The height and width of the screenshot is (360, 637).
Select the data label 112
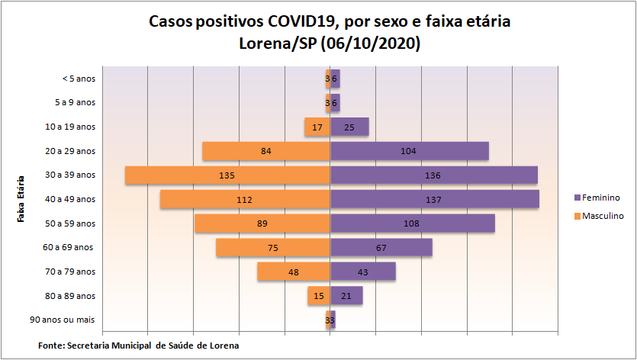tap(244, 200)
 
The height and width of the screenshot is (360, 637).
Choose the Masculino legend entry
tap(603, 216)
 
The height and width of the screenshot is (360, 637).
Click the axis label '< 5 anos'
tap(79, 78)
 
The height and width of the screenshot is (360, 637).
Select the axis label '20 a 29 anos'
tap(70, 151)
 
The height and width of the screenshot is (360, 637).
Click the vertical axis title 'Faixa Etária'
tap(21, 199)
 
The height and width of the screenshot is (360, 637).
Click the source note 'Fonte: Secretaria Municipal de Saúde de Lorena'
tap(138, 346)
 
